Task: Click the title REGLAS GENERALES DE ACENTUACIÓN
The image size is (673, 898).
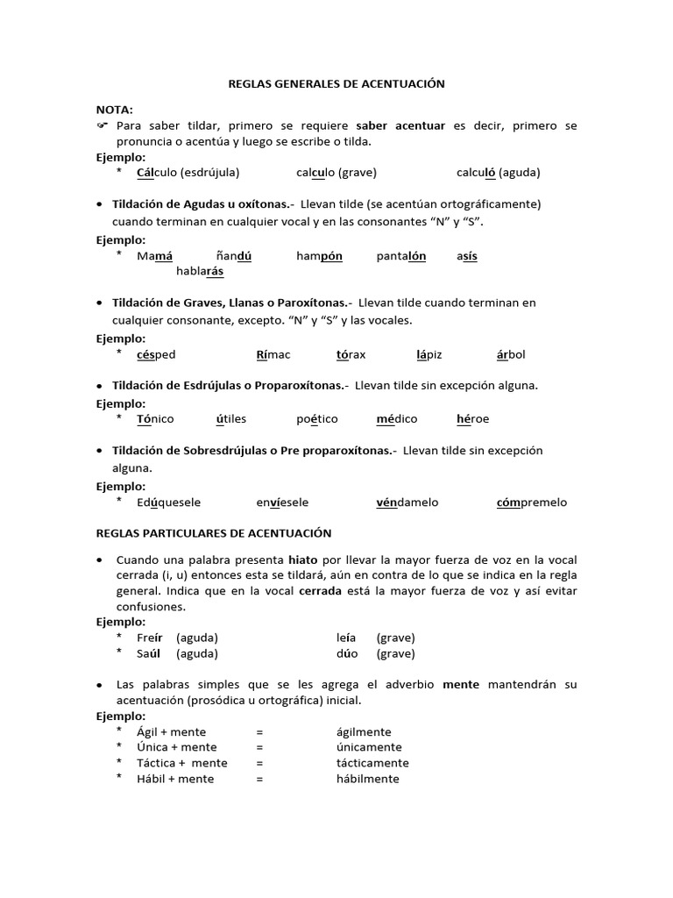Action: point(336,83)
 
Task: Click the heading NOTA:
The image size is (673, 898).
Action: point(115,110)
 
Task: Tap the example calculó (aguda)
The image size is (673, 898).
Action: point(498,172)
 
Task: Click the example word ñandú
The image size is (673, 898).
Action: point(234,256)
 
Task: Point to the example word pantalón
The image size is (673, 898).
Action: point(401,256)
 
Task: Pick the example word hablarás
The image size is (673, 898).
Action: point(200,271)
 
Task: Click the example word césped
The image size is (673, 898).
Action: point(156,354)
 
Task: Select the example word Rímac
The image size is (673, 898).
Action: point(273,354)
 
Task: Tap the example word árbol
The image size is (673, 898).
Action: point(511,354)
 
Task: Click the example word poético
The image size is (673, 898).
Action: point(316,419)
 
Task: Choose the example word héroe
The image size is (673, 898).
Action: point(472,419)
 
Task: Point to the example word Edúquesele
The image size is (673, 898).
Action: point(169,502)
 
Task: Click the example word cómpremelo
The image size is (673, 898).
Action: point(531,502)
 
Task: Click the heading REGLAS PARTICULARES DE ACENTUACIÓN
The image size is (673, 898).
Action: point(214,532)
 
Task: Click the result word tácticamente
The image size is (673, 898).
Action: point(372,763)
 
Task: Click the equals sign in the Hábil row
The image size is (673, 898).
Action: point(259,779)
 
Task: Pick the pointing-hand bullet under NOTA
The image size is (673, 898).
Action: point(102,126)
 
